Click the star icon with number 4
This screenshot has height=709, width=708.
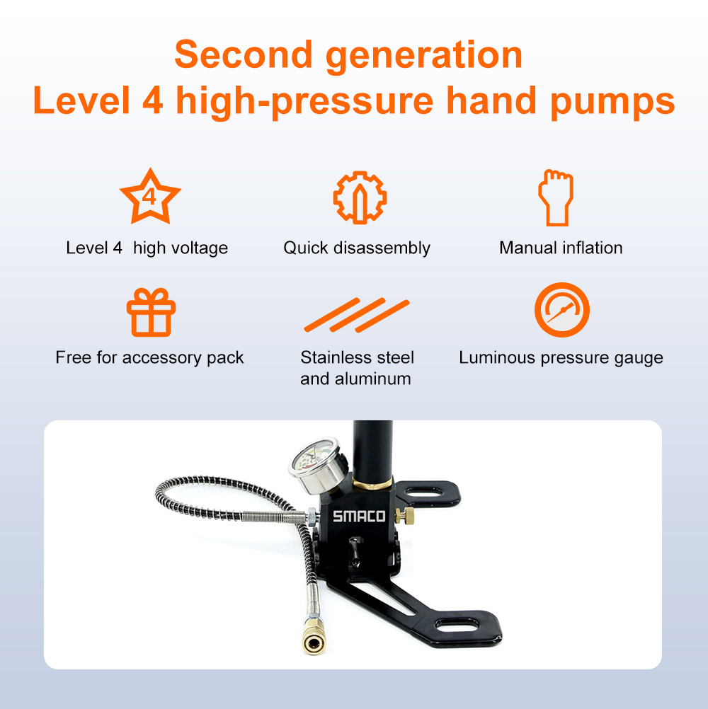pyautogui.click(x=150, y=196)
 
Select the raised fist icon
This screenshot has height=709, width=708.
pyautogui.click(x=556, y=197)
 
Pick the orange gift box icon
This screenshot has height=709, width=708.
pyautogui.click(x=150, y=312)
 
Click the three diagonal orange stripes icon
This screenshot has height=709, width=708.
pyautogui.click(x=357, y=315)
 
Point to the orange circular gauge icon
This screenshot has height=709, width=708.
pyautogui.click(x=561, y=310)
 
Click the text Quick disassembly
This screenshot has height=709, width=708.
pyautogui.click(x=357, y=248)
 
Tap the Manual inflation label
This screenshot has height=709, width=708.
pyautogui.click(x=561, y=248)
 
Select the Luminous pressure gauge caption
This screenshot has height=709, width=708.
pyautogui.click(x=561, y=358)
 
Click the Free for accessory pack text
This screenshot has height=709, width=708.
pyautogui.click(x=149, y=358)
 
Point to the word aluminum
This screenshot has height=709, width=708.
pyautogui.click(x=374, y=379)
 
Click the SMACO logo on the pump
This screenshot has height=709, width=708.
pyautogui.click(x=360, y=517)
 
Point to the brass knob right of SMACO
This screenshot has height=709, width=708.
pyautogui.click(x=406, y=516)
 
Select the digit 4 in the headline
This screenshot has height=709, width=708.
pyautogui.click(x=150, y=101)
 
